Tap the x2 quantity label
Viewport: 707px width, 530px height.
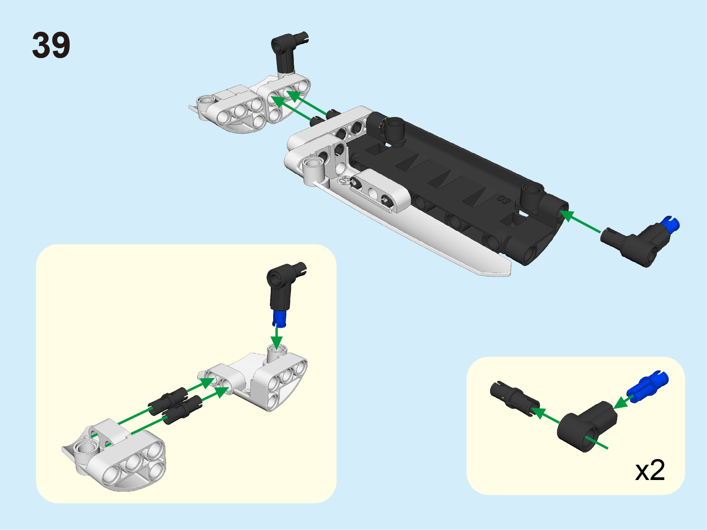(650, 470)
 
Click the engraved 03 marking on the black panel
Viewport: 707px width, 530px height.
(504, 200)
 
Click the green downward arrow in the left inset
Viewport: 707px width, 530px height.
(277, 338)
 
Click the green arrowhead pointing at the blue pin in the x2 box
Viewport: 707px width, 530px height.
(622, 402)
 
